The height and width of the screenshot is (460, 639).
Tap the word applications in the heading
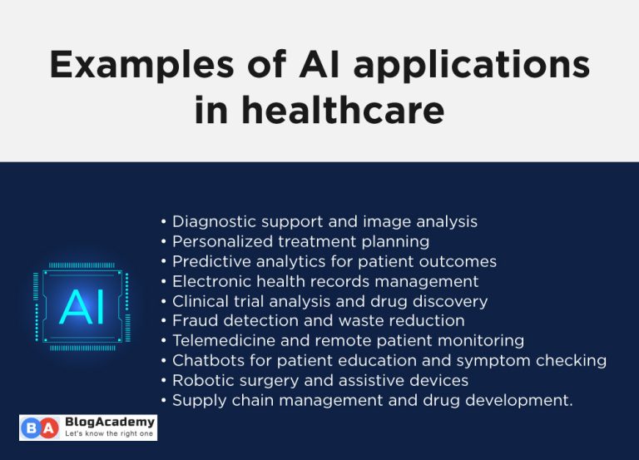pos(458,66)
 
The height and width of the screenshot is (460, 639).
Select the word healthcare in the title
pos(344,110)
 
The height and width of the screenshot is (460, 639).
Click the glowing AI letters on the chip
pos(82,306)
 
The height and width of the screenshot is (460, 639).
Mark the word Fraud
pos(192,321)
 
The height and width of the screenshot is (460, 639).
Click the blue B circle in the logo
pos(31,428)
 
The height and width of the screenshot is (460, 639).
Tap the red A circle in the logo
pos(50,428)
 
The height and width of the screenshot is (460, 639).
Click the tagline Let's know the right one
pos(108,434)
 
